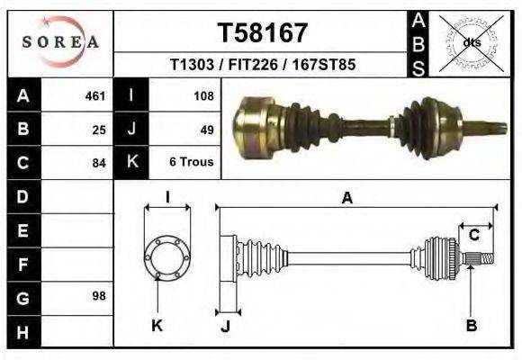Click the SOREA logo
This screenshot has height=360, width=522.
point(59,41)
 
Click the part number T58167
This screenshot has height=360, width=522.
point(263,32)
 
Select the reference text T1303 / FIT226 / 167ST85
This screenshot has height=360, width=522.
point(263,66)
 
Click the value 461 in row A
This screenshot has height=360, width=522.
point(95,95)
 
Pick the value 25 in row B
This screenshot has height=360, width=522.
point(99,129)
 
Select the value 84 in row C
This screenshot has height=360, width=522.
point(99,163)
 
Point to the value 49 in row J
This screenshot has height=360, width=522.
point(206,129)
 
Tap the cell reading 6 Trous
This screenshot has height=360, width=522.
point(191,163)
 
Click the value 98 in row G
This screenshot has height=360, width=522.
point(99,296)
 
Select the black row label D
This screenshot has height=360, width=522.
point(22,196)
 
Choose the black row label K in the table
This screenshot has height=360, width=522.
point(131,163)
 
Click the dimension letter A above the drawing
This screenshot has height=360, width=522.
point(347,199)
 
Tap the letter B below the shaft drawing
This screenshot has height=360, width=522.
point(471,326)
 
